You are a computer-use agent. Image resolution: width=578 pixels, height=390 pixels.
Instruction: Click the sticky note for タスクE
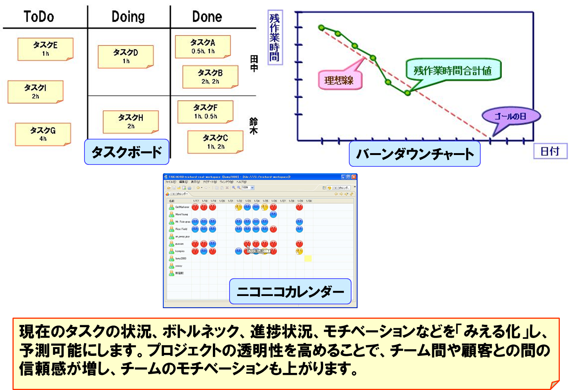click(45, 49)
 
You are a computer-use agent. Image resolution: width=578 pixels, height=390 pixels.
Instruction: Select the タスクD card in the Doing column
click(126, 56)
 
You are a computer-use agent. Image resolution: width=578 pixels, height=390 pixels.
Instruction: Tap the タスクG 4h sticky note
click(43, 134)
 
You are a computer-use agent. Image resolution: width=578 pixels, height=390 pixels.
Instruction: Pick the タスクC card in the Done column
click(215, 142)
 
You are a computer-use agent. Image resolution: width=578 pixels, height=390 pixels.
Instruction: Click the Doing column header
click(128, 17)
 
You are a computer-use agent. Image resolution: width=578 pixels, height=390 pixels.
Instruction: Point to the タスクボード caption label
click(127, 152)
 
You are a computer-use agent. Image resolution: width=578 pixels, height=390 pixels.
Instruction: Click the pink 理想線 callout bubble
click(340, 80)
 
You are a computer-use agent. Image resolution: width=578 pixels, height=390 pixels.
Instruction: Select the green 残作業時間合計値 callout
click(453, 70)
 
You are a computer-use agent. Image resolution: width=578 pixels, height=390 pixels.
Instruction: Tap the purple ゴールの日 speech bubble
click(511, 116)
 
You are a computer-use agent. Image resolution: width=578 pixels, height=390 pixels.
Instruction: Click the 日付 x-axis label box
click(550, 151)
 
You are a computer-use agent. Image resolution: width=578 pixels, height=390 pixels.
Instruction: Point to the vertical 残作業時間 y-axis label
click(275, 38)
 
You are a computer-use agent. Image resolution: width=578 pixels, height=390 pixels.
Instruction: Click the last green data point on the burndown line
click(408, 92)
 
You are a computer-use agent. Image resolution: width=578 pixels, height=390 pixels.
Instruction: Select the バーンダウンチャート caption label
click(414, 154)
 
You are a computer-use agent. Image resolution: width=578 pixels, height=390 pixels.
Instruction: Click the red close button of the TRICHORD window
click(354, 177)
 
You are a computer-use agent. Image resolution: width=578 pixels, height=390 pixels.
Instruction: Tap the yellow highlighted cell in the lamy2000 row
click(308, 258)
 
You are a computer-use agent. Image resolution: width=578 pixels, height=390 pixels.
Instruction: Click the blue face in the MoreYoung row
click(273, 215)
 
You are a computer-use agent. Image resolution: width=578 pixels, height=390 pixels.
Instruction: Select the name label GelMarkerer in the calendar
click(182, 207)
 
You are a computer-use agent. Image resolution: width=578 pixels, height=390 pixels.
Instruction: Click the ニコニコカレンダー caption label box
click(290, 291)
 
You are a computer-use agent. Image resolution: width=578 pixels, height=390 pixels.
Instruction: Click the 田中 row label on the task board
click(254, 63)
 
